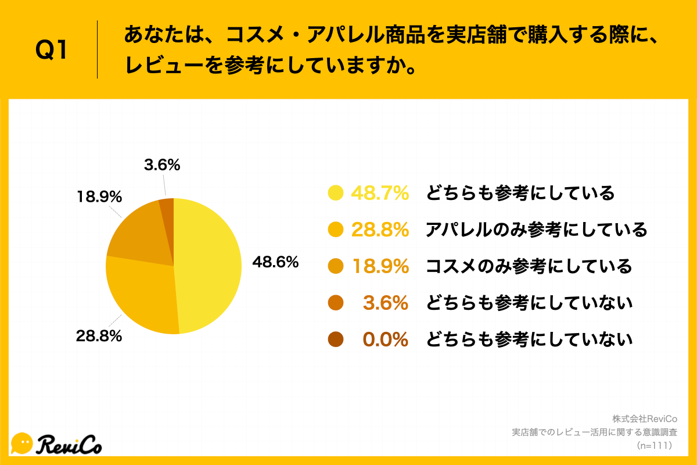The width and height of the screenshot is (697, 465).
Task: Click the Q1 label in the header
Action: [x=52, y=51]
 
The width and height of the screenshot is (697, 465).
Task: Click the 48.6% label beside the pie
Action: [x=275, y=263]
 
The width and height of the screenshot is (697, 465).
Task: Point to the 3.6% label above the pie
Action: [x=162, y=165]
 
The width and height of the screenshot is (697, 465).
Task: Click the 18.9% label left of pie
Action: [x=99, y=197]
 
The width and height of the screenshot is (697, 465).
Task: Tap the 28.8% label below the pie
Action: [x=98, y=335]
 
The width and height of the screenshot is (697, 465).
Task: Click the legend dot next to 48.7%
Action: [x=336, y=193]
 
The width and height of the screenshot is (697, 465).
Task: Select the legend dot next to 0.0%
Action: [x=336, y=339]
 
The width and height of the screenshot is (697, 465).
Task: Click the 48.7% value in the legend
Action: [x=380, y=194]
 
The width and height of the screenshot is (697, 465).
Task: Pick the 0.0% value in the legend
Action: [x=386, y=339]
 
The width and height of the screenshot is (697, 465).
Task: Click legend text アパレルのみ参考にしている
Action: [x=536, y=230]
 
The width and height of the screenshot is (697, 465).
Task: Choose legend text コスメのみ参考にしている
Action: [x=529, y=267]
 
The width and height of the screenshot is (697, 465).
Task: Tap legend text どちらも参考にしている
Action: [x=520, y=194]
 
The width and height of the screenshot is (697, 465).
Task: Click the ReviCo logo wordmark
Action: [x=70, y=445]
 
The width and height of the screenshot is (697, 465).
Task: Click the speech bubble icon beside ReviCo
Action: [x=22, y=443]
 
